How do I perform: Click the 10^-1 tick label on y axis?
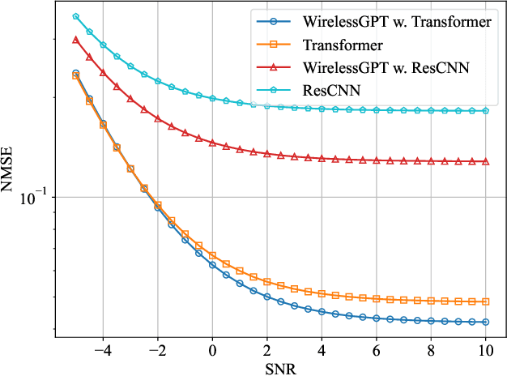coord(35,197)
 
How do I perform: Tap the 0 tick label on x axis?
coord(212,351)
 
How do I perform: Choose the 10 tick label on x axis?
coord(486,351)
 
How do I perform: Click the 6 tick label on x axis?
coord(377,351)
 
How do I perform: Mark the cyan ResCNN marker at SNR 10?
coord(486,110)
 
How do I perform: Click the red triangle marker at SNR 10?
coord(486,161)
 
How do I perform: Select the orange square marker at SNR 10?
coord(486,301)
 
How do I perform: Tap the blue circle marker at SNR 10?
coord(486,323)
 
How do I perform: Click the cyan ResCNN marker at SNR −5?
coord(75,16)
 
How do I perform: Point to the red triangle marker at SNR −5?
coord(75,39)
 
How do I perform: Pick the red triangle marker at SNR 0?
coord(212,143)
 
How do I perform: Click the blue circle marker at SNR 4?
coord(322,312)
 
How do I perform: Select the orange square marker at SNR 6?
coord(377,298)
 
